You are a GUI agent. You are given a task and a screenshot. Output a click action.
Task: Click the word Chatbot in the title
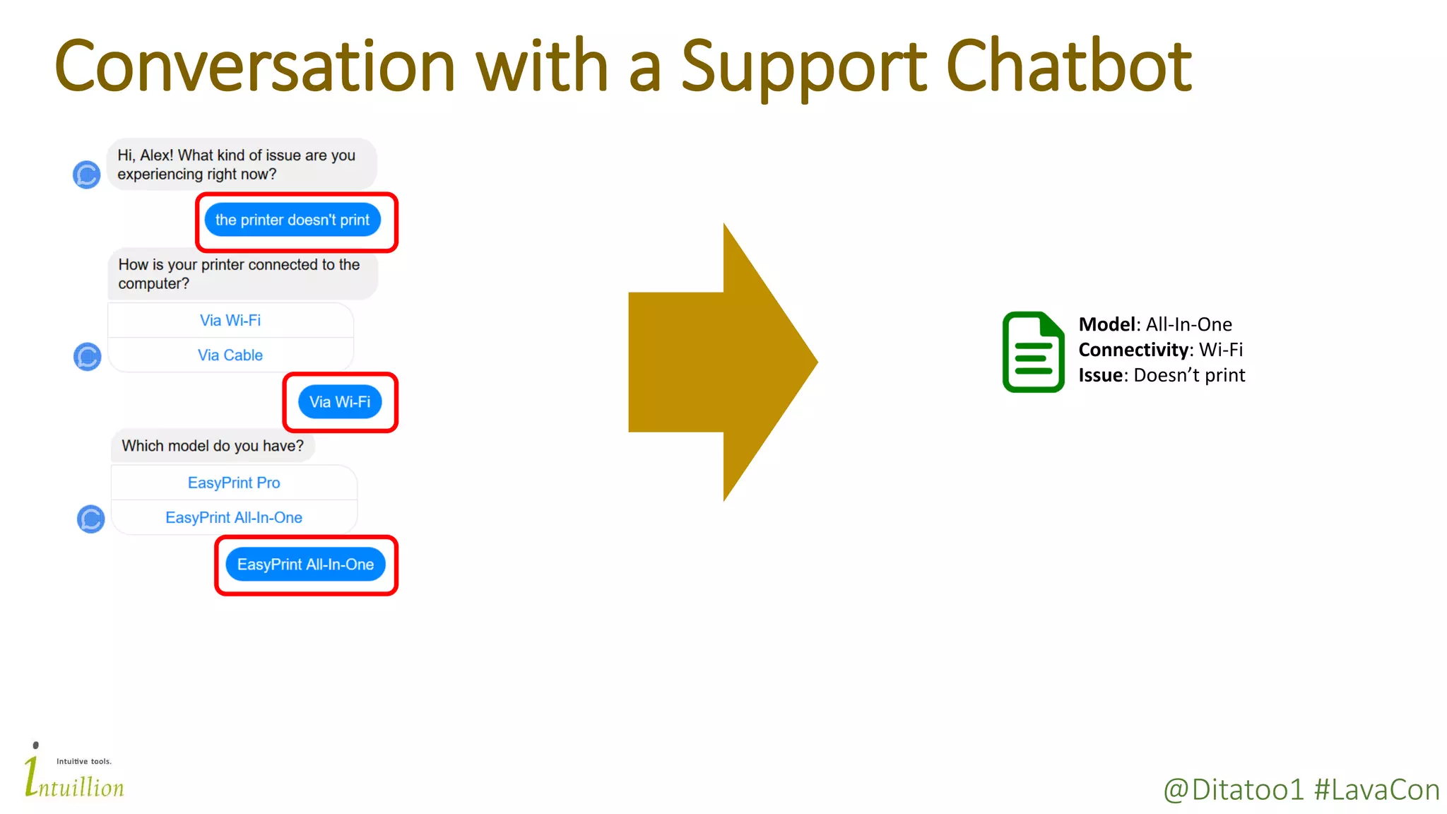pos(1068,66)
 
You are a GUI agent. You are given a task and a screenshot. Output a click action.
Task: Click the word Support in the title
pos(804,68)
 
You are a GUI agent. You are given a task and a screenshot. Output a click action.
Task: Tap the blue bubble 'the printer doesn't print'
pos(293,220)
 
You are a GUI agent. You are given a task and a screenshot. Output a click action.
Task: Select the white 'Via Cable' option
pos(230,355)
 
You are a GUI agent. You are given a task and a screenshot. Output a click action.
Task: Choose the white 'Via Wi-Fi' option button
pos(230,321)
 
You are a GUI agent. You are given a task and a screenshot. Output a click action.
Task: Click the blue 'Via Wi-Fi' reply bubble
pos(340,402)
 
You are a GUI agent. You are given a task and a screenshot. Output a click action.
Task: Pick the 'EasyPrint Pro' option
pos(234,483)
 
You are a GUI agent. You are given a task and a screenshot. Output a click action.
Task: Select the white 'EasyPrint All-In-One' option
pos(234,518)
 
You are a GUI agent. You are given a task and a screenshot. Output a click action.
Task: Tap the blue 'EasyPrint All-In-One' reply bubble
pos(305,565)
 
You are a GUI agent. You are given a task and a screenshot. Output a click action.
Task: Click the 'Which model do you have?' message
pos(213,446)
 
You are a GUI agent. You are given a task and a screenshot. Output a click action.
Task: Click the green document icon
pos(1033,352)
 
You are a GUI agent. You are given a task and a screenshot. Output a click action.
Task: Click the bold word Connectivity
pos(1133,350)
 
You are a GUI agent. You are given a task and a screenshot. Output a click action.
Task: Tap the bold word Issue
pos(1100,375)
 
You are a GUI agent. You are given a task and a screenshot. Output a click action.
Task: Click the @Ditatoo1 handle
pos(1233,790)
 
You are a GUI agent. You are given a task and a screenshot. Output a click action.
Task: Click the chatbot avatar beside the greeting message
pos(87,175)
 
